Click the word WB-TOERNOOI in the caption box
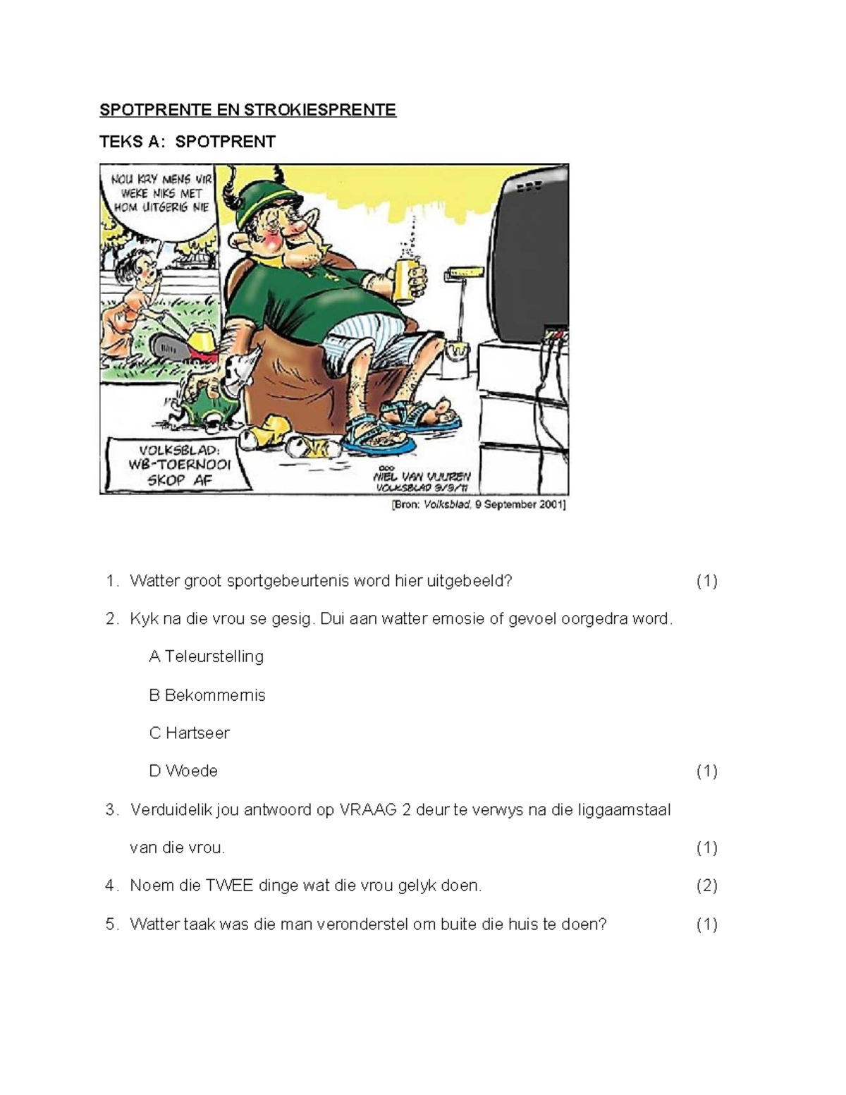[x=179, y=465]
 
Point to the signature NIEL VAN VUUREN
[x=423, y=476]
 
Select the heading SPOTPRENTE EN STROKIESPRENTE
[x=247, y=110]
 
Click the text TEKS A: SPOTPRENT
[x=187, y=142]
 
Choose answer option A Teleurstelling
[x=206, y=656]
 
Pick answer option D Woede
[x=183, y=771]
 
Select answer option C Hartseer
[x=189, y=733]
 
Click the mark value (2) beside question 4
[x=706, y=886]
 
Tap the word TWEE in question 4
[x=228, y=886]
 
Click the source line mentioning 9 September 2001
[x=479, y=505]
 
